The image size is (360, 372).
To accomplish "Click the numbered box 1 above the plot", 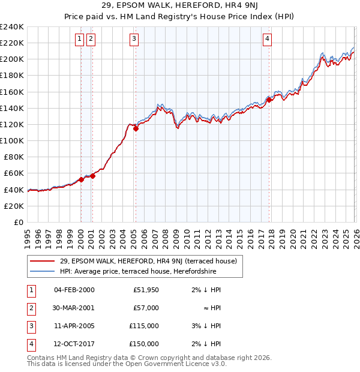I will click(x=80, y=40).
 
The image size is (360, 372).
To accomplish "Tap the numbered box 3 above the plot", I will click(x=134, y=40).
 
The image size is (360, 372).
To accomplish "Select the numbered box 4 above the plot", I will click(x=267, y=40).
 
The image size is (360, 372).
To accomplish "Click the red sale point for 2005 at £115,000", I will click(x=136, y=128).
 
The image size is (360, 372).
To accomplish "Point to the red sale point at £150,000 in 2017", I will click(x=269, y=100).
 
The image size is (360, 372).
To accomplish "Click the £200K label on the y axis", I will click(x=12, y=59).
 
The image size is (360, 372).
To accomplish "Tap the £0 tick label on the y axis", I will click(x=18, y=222).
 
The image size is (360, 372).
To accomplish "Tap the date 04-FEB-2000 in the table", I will click(x=74, y=290).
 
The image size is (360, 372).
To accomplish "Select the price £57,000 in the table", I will click(x=146, y=308).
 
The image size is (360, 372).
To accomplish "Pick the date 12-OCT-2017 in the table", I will click(x=74, y=344).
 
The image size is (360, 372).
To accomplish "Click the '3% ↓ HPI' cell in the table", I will click(x=207, y=326).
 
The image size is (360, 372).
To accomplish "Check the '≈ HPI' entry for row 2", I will click(x=212, y=308).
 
